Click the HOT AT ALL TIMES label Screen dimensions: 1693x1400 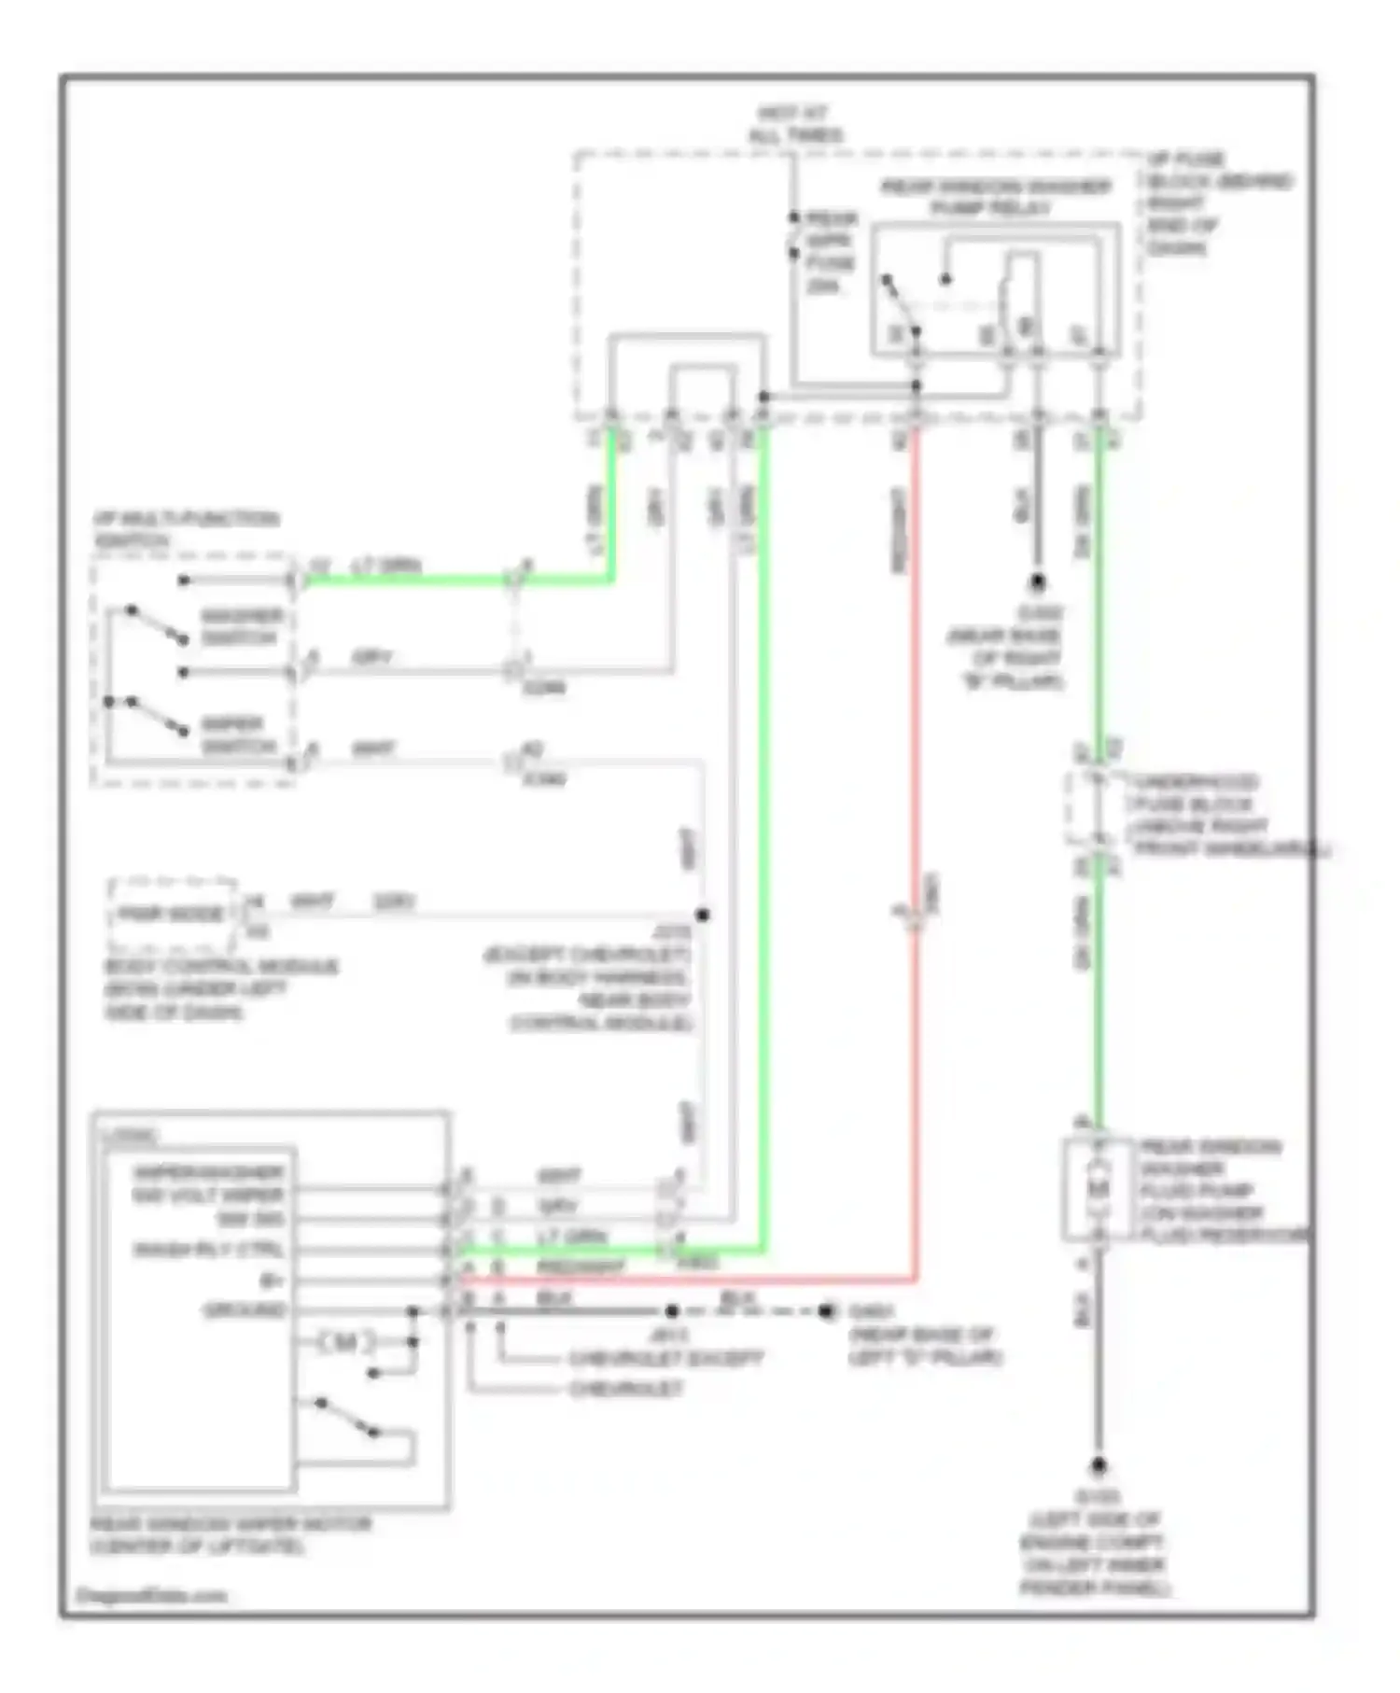794,124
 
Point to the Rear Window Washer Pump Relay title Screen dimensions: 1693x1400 995,197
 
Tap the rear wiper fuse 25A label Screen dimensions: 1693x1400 831,252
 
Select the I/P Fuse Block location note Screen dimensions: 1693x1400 1218,203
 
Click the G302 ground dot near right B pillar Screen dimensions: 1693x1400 1037,583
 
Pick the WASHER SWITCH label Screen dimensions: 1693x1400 241,627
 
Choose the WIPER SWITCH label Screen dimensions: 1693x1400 240,735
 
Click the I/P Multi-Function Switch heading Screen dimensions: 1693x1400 185,529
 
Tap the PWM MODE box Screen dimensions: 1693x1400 173,914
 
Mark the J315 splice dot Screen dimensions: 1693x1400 703,915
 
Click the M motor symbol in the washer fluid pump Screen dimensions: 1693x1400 1099,1189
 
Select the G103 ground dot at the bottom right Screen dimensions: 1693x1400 1099,1466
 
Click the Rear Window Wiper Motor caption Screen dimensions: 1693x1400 230,1535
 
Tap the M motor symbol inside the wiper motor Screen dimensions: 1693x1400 345,1343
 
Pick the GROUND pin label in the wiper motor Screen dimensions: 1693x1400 245,1310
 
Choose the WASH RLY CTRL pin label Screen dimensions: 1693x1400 208,1249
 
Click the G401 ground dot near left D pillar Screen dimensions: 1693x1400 826,1311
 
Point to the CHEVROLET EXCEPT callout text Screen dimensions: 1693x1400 665,1359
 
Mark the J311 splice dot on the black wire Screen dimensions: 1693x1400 671,1311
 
